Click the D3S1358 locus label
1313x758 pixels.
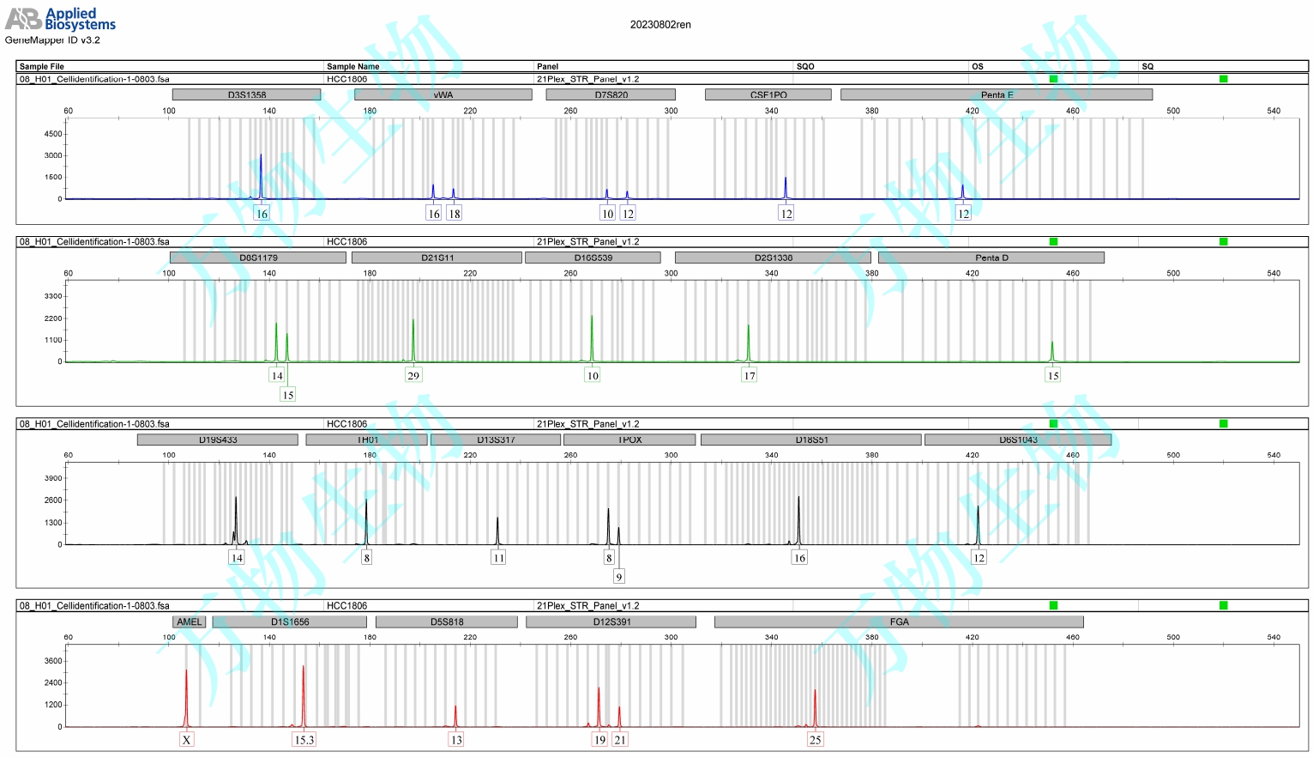[x=246, y=94]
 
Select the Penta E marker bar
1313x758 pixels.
[x=996, y=94]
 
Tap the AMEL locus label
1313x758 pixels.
[x=189, y=622]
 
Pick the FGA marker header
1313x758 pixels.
[x=899, y=622]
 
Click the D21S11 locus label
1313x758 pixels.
[x=437, y=258]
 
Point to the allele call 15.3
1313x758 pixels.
[x=304, y=739]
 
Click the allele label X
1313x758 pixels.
[x=186, y=739]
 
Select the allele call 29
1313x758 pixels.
[x=413, y=375]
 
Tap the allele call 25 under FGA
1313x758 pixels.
[x=815, y=739]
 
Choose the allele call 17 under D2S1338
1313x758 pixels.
[x=749, y=375]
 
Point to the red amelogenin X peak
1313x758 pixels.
[x=186, y=695]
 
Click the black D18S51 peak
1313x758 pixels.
[x=798, y=519]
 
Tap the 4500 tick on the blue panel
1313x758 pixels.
[x=53, y=134]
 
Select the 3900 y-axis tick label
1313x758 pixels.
[x=53, y=478]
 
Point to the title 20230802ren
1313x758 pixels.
[x=660, y=25]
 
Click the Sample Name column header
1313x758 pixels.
[x=352, y=66]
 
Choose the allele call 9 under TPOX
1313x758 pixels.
[x=618, y=576]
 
